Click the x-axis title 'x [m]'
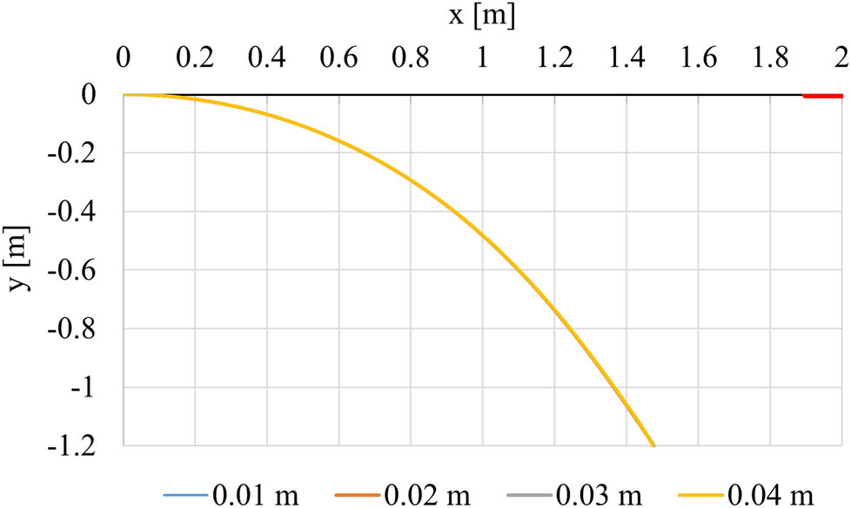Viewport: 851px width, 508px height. (x=482, y=15)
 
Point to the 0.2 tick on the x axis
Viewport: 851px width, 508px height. (x=195, y=58)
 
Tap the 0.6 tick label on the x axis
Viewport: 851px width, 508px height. (x=338, y=58)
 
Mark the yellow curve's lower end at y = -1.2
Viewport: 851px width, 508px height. (x=653, y=445)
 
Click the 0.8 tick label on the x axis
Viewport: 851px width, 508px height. (x=410, y=58)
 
